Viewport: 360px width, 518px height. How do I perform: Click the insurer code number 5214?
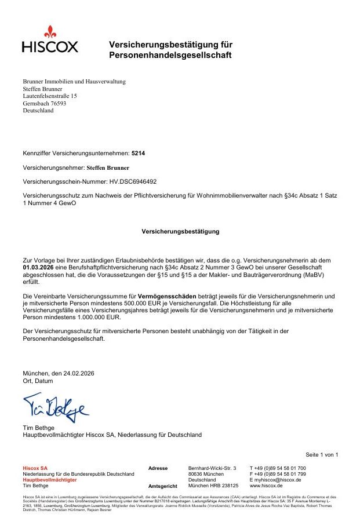coord(138,154)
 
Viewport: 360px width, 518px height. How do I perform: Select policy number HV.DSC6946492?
coord(126,181)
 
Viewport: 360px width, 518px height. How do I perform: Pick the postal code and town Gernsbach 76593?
coord(44,104)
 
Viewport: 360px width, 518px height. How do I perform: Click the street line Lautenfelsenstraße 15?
coord(50,96)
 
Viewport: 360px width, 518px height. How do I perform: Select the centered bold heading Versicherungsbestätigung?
coord(180,231)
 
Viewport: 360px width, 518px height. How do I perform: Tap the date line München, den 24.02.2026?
coord(58,374)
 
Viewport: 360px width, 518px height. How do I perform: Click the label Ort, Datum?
coord(38,381)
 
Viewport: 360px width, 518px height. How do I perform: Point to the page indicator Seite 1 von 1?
coord(322,454)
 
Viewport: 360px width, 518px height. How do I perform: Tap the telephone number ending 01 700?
coord(278,468)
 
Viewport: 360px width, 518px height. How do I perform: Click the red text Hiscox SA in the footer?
coord(35,468)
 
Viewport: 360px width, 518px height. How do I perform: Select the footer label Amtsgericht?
coord(163,486)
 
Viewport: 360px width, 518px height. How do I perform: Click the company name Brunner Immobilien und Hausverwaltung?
coord(74,82)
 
